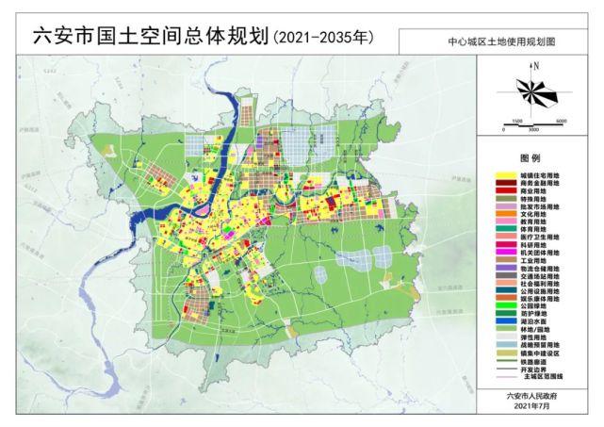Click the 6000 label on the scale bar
(x=561, y=122)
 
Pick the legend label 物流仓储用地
(x=548, y=271)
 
